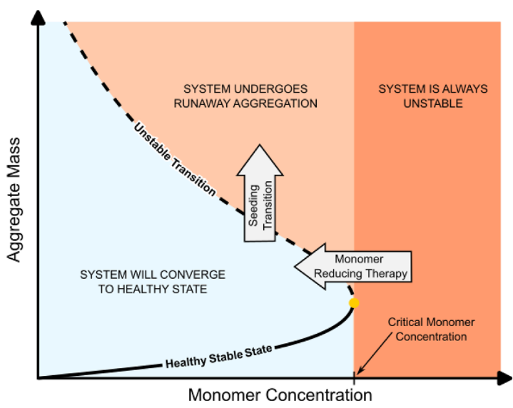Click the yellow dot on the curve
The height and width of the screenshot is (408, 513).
[x=353, y=303]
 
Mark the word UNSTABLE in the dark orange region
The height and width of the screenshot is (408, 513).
[x=432, y=103]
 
